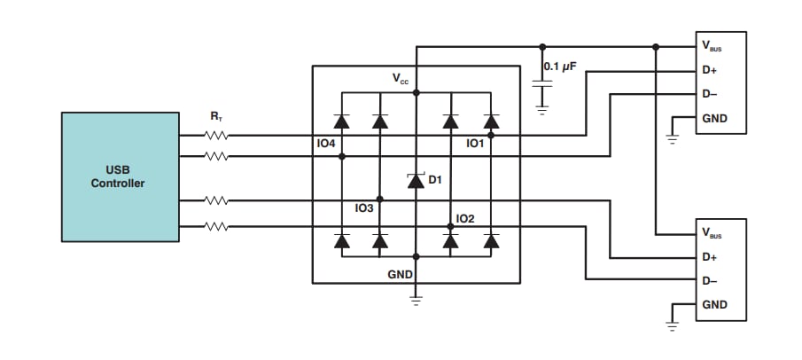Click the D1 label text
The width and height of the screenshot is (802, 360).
[435, 180]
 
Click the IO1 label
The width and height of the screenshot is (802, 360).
[476, 143]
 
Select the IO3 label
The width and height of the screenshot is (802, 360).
[363, 208]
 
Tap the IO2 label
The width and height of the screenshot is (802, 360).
[465, 218]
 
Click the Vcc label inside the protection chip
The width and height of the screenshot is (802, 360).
[401, 79]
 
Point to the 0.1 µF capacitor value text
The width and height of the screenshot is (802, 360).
[561, 67]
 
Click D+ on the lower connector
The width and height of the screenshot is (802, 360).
[709, 257]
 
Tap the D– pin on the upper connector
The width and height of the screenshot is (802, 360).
[709, 93]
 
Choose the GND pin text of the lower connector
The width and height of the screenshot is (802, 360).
[714, 305]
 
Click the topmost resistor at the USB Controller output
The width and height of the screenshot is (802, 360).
[216, 136]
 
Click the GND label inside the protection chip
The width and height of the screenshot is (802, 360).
[400, 275]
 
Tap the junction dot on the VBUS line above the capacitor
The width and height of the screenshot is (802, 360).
[541, 46]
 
